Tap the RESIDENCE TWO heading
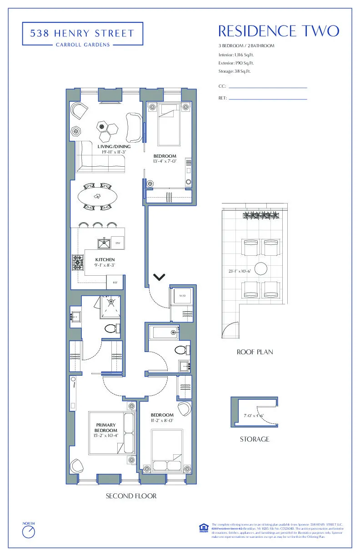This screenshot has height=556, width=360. point(278,31)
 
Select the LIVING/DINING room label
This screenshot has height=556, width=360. point(114,147)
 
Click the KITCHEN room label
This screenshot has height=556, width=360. point(105,260)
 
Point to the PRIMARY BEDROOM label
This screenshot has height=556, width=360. point(105,428)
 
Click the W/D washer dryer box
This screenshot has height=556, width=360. point(182,296)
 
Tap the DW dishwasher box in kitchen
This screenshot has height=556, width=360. point(118,243)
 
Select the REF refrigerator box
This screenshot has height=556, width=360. point(115,283)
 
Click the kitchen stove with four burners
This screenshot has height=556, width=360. point(78,262)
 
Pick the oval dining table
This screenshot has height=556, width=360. point(97,197)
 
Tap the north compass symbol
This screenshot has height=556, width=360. point(29,531)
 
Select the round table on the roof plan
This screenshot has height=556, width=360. point(260,268)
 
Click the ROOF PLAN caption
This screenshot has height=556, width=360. point(255,352)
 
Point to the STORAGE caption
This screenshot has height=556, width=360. point(255,439)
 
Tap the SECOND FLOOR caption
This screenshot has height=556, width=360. point(131,496)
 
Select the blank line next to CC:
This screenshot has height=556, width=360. point(267,87)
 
